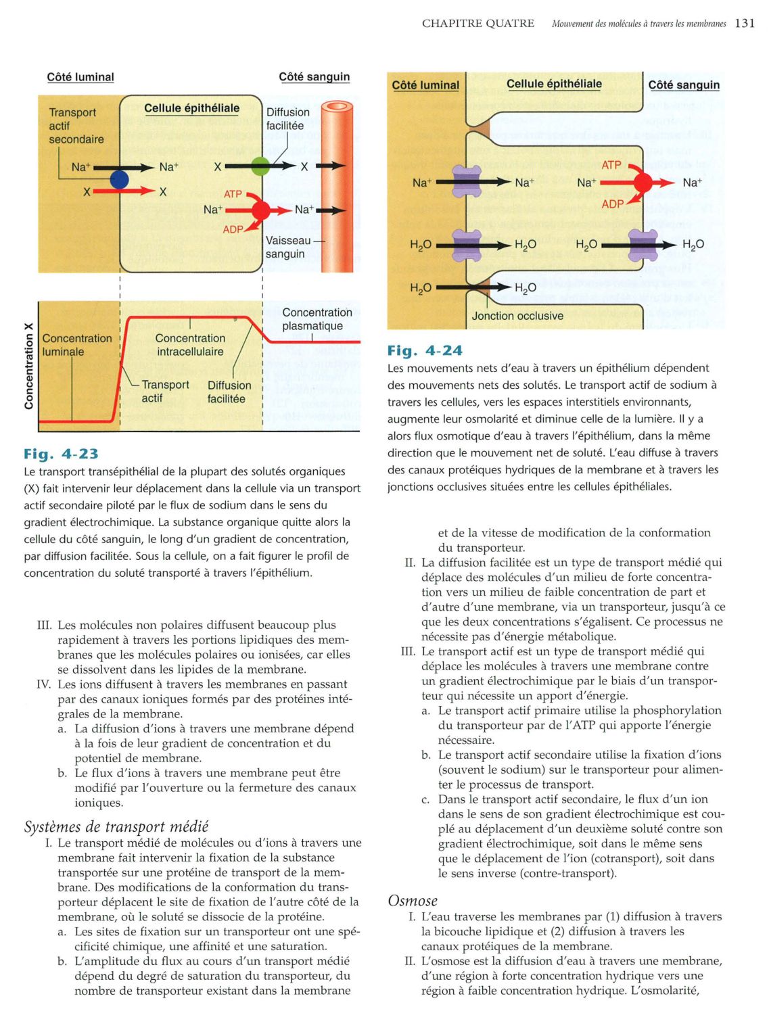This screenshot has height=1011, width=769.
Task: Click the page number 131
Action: pyautogui.click(x=744, y=23)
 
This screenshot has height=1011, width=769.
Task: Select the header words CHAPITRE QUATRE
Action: pyautogui.click(x=477, y=24)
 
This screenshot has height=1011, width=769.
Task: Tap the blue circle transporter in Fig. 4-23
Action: pyautogui.click(x=119, y=179)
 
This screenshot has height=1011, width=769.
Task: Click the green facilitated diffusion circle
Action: pyautogui.click(x=260, y=166)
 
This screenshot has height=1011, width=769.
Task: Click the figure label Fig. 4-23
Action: pyautogui.click(x=61, y=454)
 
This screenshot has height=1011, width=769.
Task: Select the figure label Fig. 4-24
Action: pyautogui.click(x=425, y=350)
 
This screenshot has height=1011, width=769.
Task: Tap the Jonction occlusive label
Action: pyautogui.click(x=517, y=316)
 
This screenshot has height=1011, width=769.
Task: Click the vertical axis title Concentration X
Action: pyautogui.click(x=28, y=365)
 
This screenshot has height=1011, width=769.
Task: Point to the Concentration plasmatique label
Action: pyautogui.click(x=317, y=319)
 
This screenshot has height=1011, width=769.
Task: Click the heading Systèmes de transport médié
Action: pyautogui.click(x=116, y=826)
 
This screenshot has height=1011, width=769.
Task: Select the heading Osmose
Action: pyautogui.click(x=413, y=901)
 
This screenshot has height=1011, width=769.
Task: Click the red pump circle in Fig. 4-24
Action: pyautogui.click(x=643, y=183)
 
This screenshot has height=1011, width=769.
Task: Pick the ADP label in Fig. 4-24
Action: pyautogui.click(x=612, y=204)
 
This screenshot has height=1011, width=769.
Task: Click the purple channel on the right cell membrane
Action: pyautogui.click(x=643, y=245)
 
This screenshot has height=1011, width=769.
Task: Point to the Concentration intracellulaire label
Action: pyautogui.click(x=190, y=345)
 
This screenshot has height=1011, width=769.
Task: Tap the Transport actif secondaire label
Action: pyautogui.click(x=76, y=126)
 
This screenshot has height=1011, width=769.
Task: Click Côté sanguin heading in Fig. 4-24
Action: pyautogui.click(x=683, y=85)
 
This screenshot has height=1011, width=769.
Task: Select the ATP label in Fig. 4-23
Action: pyautogui.click(x=233, y=194)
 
